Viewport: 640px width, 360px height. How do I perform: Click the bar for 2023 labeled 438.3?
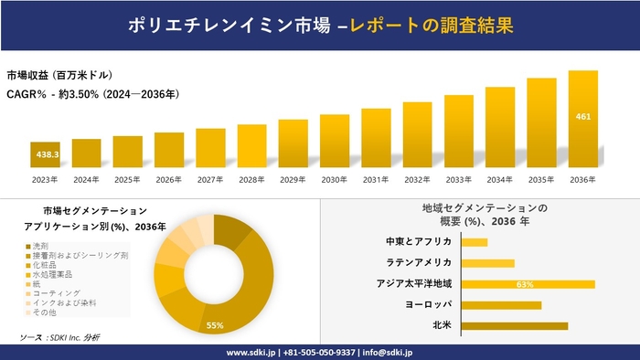click(45, 155)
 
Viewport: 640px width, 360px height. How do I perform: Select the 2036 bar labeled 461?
click(582, 119)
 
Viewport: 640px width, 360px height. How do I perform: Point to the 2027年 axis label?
click(210, 179)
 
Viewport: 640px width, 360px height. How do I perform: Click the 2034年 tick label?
click(500, 179)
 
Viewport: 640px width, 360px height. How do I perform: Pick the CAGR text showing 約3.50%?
click(92, 93)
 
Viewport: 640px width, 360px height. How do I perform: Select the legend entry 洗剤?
click(40, 247)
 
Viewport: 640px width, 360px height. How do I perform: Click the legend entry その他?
click(44, 312)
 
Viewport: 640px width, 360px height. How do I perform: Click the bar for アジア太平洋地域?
click(528, 284)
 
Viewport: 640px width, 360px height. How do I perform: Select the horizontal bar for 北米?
click(514, 325)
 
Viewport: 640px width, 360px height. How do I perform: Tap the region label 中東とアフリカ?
click(419, 242)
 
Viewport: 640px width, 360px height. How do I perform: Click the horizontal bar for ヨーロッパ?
click(501, 305)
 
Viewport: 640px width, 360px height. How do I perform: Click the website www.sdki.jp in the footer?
click(252, 352)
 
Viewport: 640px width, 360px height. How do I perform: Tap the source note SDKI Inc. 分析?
click(72, 338)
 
